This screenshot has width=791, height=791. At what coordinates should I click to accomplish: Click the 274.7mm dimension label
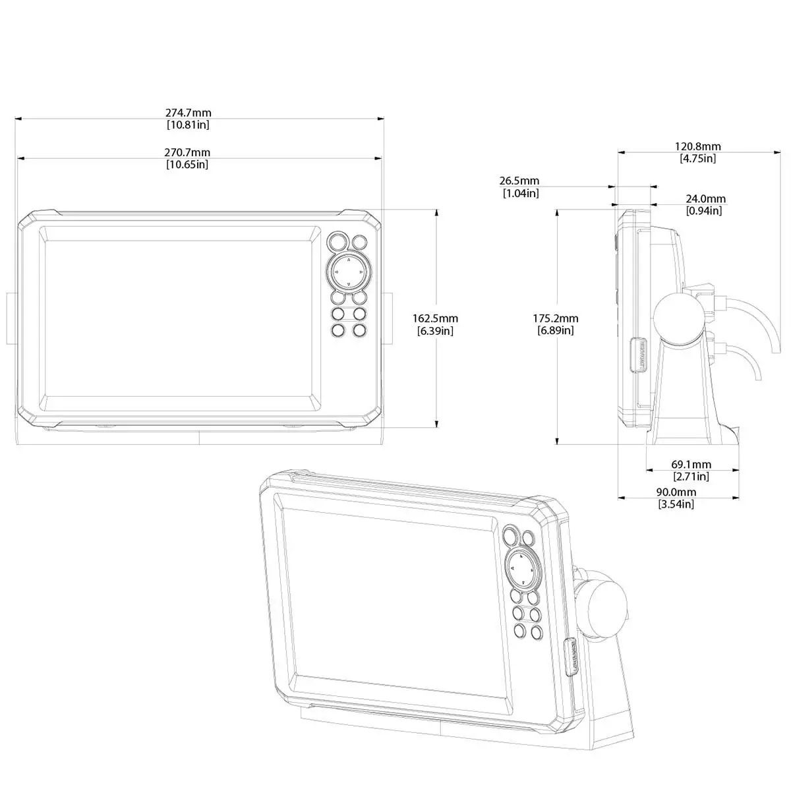pos(188,113)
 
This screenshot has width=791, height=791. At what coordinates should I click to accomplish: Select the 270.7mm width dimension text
pos(187,152)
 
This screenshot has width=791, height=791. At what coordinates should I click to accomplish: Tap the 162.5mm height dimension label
pos(435,318)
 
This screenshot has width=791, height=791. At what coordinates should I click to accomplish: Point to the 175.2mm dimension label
pos(556,318)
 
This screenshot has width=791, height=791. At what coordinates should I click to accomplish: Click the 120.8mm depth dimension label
pos(698,146)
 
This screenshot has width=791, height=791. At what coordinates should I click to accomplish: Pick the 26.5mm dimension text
pos(519,181)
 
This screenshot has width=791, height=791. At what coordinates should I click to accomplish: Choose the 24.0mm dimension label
pos(705,198)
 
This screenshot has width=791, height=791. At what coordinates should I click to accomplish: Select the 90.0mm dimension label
pos(676,492)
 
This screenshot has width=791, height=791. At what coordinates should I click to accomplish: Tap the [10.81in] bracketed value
pos(188,125)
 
